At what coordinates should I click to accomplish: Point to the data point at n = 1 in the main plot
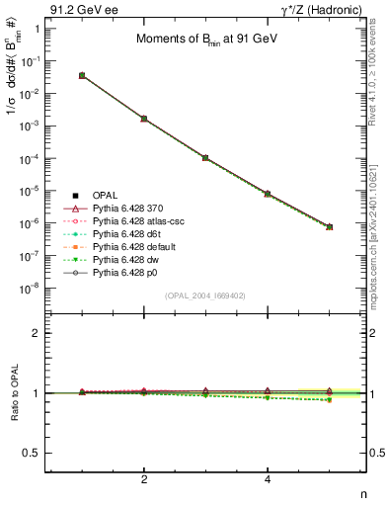[x=82, y=75]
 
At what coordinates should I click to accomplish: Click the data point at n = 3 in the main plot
[x=205, y=157]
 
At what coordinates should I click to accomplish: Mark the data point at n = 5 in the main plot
[x=329, y=226]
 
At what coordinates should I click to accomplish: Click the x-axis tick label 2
[x=144, y=480]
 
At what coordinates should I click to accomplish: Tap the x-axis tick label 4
[x=268, y=480]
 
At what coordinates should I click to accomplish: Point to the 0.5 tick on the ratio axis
[x=34, y=453]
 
